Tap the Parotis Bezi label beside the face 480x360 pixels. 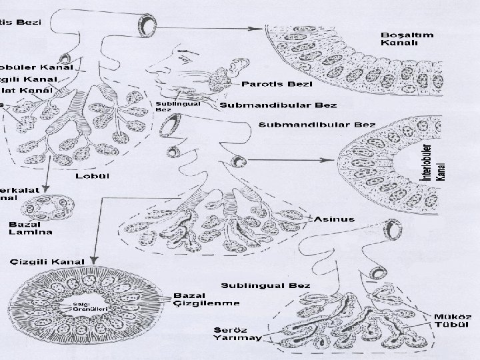(x=269, y=84)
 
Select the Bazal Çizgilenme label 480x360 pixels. (x=197, y=299)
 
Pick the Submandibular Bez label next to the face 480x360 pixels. (x=278, y=105)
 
